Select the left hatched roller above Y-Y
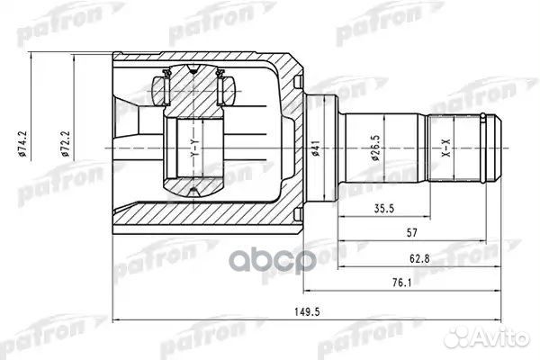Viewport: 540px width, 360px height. click(163, 89)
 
